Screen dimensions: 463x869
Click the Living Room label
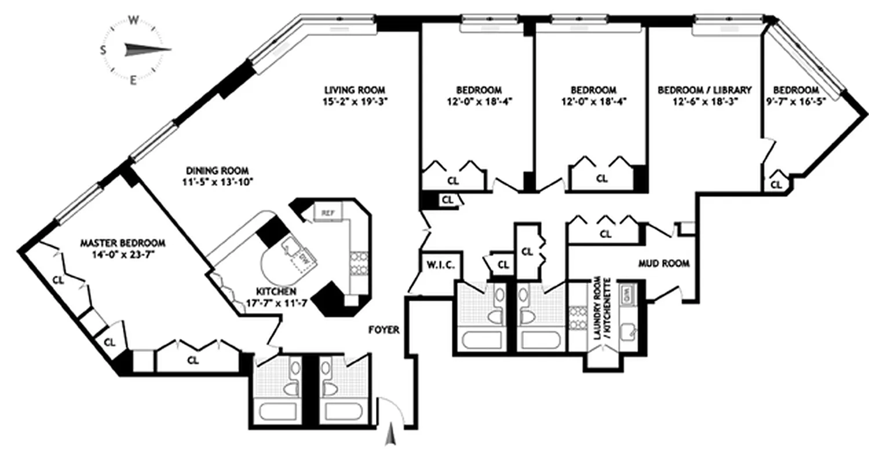pos(354,90)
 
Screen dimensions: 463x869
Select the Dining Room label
pos(217,171)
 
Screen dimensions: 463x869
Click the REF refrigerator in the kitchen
pos(328,213)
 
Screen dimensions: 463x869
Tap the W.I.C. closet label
pos(441,266)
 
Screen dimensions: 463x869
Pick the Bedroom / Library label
pos(704,90)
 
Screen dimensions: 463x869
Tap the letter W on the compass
pos(133,21)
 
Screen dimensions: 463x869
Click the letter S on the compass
pos(103,50)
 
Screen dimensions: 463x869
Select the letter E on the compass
pos(133,80)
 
